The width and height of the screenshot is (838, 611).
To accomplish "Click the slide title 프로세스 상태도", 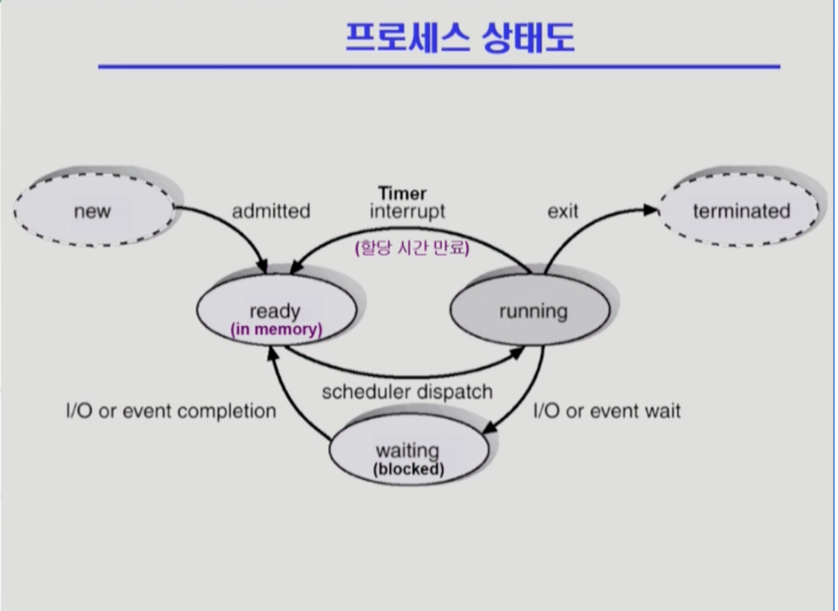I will click(x=459, y=37).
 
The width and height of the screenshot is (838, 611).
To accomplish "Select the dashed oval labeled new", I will click(x=93, y=211).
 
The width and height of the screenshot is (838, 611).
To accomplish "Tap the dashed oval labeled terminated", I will click(x=741, y=211).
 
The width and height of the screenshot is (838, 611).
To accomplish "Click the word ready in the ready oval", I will click(x=274, y=311).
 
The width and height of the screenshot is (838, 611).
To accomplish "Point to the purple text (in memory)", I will click(x=275, y=330).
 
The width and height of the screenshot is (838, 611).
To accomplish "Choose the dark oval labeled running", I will click(x=532, y=311).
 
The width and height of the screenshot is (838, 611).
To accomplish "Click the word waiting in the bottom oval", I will click(x=407, y=451).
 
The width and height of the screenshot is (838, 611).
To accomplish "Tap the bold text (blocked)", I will click(x=407, y=469).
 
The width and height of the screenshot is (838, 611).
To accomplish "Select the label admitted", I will click(x=271, y=211).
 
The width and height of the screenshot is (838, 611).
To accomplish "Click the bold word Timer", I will click(x=402, y=193).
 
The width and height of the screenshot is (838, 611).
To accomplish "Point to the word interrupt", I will click(x=407, y=211).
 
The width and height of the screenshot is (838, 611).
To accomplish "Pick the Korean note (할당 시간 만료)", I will click(x=412, y=248).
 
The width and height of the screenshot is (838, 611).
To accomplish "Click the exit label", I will click(x=563, y=211).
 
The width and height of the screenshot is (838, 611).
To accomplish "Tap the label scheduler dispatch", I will click(x=406, y=392).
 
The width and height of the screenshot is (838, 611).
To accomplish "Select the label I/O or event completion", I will click(x=171, y=411).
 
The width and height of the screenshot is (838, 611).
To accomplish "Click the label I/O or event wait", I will click(x=606, y=411).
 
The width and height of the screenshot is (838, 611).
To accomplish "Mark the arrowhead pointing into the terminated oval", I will click(x=650, y=209).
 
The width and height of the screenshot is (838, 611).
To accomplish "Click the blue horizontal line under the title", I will click(x=439, y=66).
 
